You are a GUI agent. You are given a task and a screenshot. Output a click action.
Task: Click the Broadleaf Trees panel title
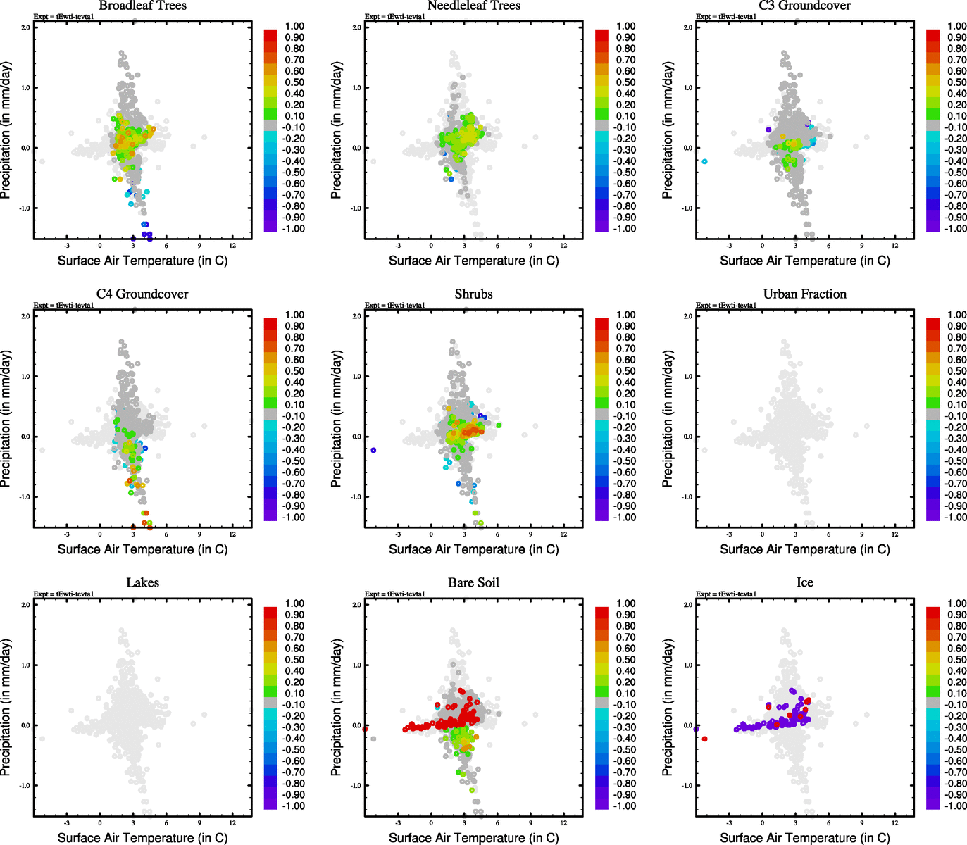(142, 6)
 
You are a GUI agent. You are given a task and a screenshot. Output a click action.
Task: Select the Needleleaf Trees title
(473, 6)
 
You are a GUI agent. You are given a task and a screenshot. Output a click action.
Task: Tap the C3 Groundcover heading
(804, 6)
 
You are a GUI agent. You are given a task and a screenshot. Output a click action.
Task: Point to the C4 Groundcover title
(142, 294)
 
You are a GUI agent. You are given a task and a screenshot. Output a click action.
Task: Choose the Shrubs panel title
(473, 294)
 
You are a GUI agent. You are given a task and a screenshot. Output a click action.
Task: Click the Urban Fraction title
(804, 294)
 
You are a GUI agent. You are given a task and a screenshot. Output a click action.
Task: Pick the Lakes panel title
(142, 583)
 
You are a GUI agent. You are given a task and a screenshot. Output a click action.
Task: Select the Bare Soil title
(473, 583)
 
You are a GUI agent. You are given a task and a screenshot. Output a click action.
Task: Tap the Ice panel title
(804, 583)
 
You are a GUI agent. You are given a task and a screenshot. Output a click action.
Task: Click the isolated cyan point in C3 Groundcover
(704, 162)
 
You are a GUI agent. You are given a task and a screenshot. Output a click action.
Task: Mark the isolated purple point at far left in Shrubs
(373, 450)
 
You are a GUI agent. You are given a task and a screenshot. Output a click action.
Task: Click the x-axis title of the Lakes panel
(142, 838)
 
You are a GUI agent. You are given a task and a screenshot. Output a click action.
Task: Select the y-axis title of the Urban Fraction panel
(668, 419)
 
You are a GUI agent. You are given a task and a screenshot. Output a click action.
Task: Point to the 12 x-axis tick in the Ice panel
(895, 822)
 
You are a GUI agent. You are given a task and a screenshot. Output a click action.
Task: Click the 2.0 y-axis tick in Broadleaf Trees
(25, 27)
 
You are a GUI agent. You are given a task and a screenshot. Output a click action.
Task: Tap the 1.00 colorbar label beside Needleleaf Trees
(625, 26)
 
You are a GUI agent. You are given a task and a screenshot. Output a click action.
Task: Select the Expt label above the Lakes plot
(63, 594)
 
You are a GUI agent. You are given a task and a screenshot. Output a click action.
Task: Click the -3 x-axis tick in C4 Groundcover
(67, 534)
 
